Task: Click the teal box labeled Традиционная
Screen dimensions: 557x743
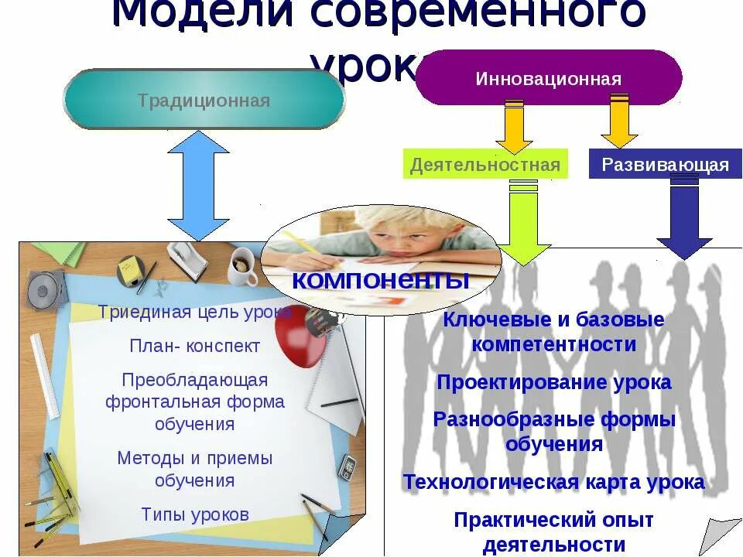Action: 204,100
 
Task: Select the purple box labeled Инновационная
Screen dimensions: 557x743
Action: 548,78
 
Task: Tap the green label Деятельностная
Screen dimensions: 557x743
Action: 484,165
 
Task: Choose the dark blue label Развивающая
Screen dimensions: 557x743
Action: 665,165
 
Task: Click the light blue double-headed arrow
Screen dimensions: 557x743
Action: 198,186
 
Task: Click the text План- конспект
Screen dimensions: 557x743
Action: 195,347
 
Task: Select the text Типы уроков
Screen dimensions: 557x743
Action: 195,514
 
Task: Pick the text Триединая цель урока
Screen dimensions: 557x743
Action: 195,313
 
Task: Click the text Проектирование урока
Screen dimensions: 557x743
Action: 554,382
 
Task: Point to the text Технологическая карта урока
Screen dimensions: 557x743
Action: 554,483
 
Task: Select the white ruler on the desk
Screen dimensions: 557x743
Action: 44,375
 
